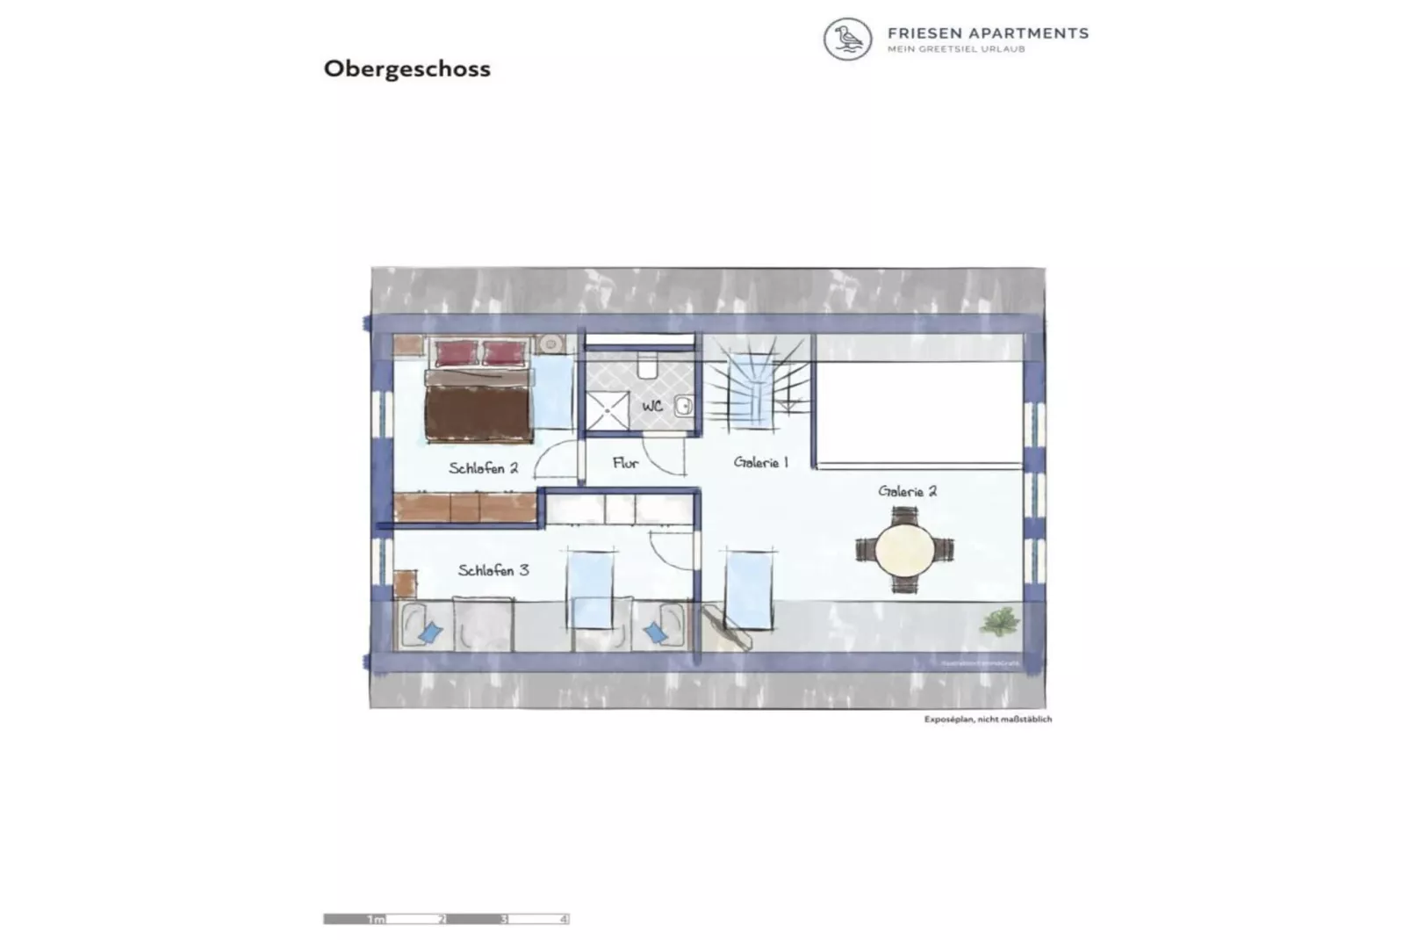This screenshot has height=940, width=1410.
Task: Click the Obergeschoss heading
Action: coord(406,69)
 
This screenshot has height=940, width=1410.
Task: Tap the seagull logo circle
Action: coord(847,40)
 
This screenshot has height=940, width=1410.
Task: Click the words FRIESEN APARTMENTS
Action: coord(988,33)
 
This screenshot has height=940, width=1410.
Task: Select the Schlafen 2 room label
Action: coord(483,468)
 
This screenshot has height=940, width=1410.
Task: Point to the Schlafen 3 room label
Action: coord(493,570)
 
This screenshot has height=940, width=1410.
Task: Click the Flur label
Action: coord(625,463)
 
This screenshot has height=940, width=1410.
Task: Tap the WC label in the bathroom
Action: coord(652,406)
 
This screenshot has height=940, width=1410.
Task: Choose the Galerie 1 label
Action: coord(760,462)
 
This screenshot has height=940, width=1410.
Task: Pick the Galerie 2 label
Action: coord(907,491)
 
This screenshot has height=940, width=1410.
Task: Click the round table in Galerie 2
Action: coord(905,550)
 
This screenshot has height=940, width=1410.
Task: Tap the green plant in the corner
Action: coord(1000,621)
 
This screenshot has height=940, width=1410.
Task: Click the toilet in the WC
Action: coord(648,365)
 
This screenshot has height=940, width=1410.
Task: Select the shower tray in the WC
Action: coord(608,410)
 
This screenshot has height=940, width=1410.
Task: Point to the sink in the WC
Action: coord(683,406)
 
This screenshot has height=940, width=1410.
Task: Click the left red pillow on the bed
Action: coord(456,353)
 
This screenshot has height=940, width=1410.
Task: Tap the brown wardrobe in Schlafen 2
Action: coord(464,507)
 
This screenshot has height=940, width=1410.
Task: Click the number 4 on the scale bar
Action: coord(563,919)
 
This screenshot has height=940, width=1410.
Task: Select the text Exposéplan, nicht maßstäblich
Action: coord(987,719)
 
